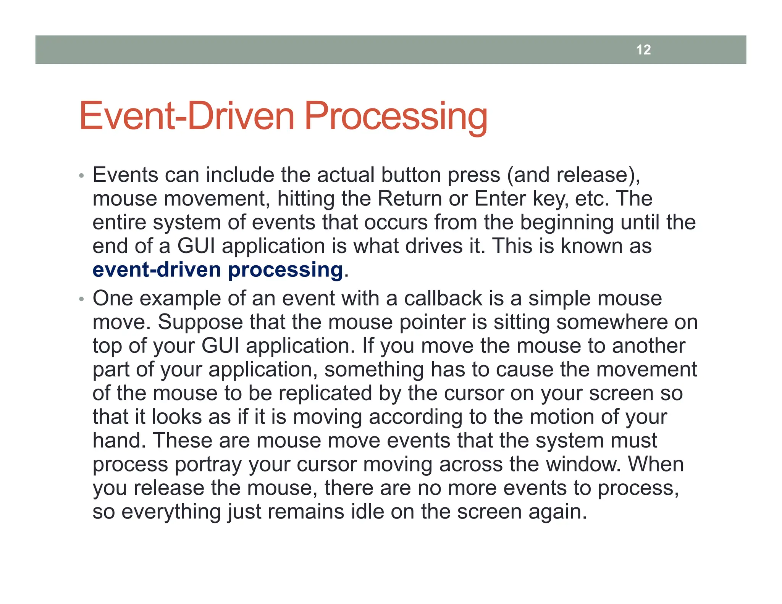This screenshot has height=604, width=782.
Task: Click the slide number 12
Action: click(643, 50)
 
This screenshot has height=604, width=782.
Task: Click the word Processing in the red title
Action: click(396, 116)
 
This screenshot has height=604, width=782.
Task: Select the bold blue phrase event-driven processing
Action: click(218, 270)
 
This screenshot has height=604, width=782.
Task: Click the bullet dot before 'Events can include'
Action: click(81, 176)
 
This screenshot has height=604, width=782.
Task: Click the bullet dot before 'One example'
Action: click(81, 299)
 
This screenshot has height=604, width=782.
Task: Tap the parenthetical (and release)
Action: click(574, 175)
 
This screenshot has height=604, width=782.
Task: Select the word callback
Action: click(443, 298)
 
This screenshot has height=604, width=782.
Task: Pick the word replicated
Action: click(325, 393)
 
